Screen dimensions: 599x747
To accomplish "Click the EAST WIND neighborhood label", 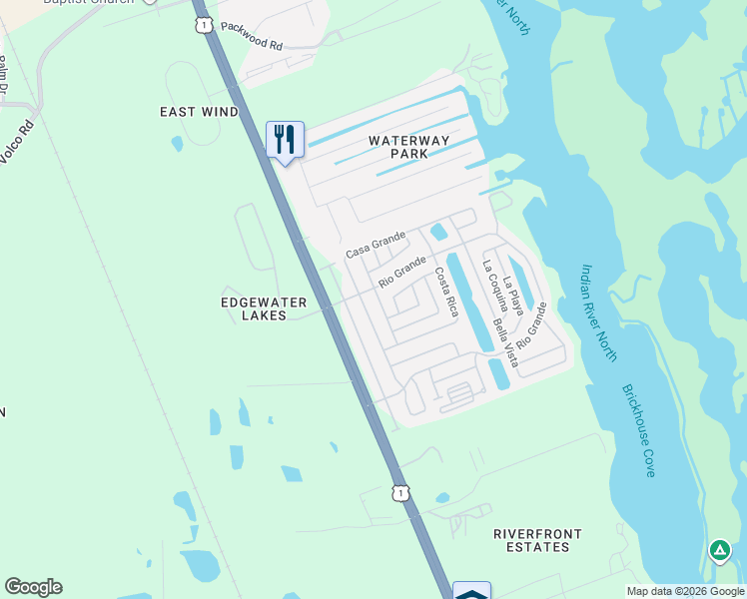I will point(200,112).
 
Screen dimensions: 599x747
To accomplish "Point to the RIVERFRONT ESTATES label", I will point(531,540).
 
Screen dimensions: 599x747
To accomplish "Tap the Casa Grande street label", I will point(375,245).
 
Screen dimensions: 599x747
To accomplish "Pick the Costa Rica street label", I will point(445,293).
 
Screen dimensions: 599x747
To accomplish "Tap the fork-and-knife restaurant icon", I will point(285,139).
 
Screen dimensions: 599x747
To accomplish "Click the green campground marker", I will point(719,550).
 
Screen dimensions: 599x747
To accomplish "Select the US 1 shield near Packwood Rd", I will point(204,25).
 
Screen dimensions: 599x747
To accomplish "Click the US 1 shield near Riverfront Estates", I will point(400,493).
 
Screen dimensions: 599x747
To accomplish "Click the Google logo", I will point(33,587).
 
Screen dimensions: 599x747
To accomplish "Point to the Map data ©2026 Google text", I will point(684,591).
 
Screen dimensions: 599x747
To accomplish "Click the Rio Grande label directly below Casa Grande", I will point(402,272).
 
